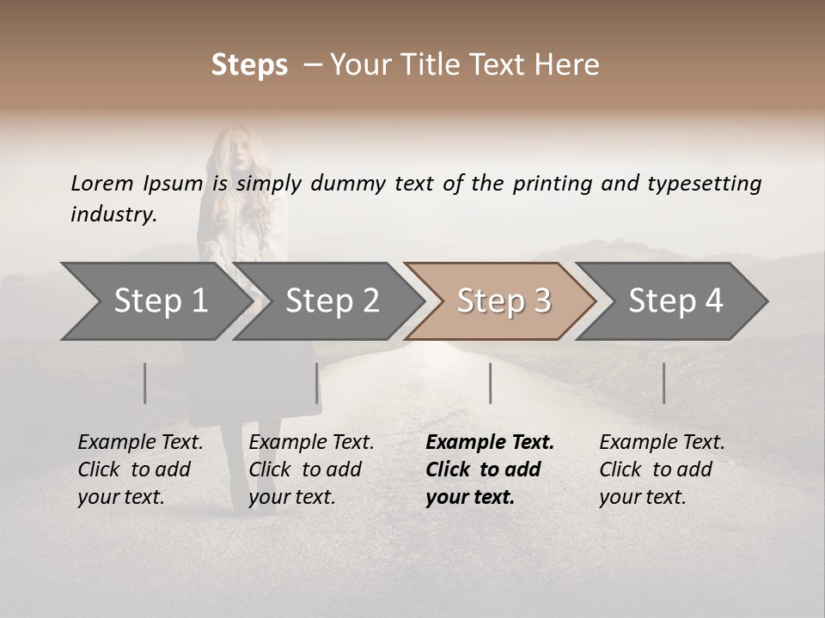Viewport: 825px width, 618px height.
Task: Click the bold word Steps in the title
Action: pyautogui.click(x=249, y=65)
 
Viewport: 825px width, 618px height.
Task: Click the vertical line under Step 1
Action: pyautogui.click(x=145, y=383)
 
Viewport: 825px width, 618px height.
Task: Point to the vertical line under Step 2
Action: pyautogui.click(x=317, y=383)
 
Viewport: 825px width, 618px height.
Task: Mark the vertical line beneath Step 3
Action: pyautogui.click(x=490, y=383)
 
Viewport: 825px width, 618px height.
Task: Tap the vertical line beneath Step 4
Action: pyautogui.click(x=664, y=383)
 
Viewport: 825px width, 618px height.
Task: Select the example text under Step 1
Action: pyautogui.click(x=140, y=470)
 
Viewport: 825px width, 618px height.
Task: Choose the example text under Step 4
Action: pyautogui.click(x=662, y=470)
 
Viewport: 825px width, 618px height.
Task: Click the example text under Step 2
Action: pyautogui.click(x=311, y=470)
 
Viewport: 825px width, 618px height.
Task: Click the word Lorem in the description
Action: pyautogui.click(x=101, y=183)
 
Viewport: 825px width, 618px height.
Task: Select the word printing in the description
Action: pyautogui.click(x=553, y=183)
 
